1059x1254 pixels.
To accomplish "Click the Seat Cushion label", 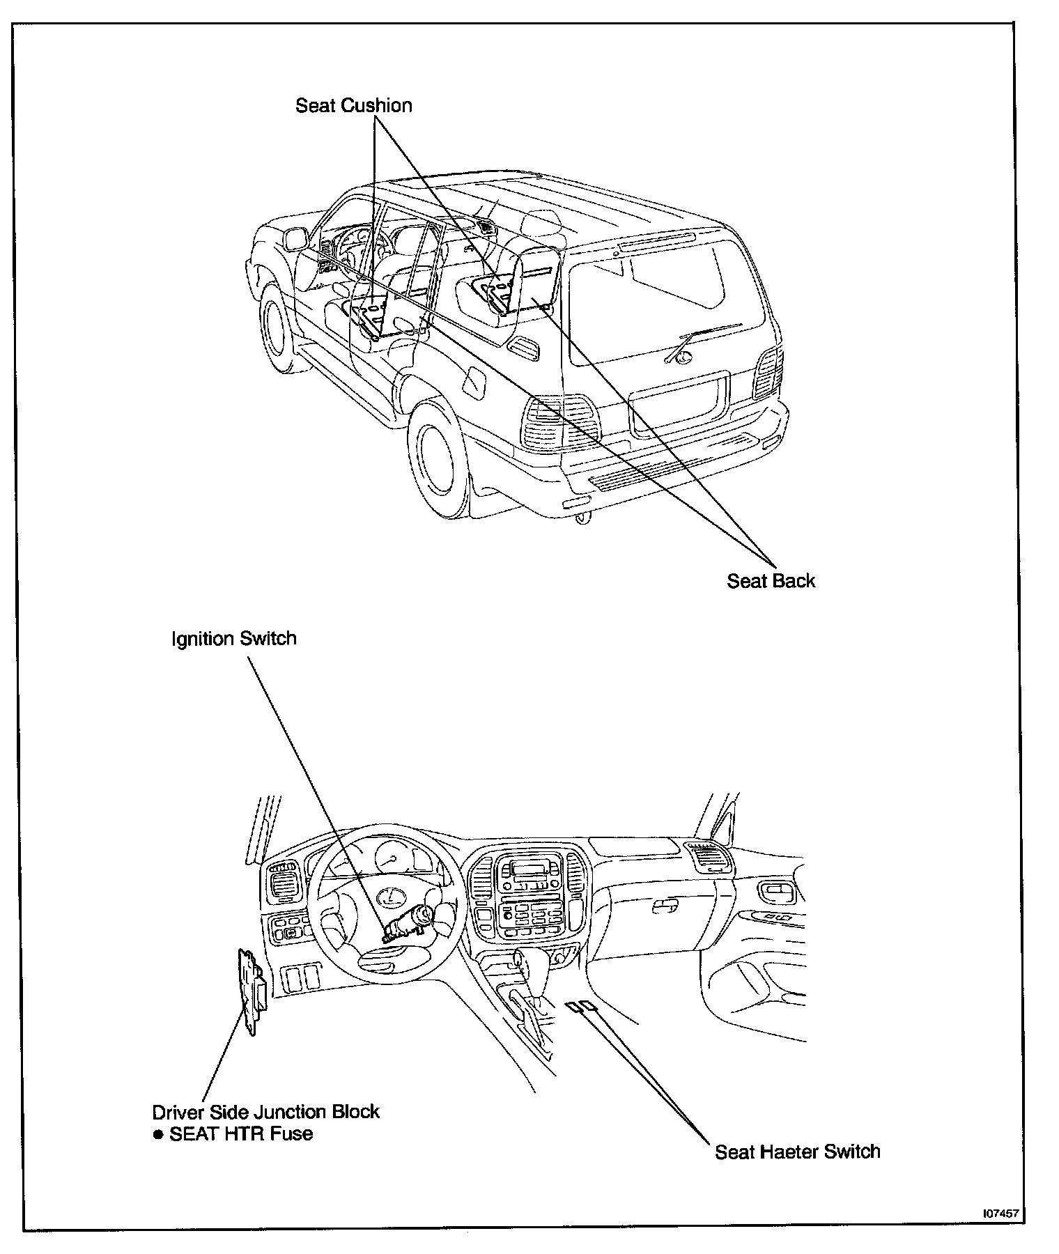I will (x=353, y=106).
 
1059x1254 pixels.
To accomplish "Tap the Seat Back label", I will (x=771, y=581).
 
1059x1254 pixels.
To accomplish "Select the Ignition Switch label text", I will (x=234, y=639).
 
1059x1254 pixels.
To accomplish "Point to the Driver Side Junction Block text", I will (x=266, y=1111).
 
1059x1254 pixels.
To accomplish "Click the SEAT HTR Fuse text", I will (x=241, y=1133).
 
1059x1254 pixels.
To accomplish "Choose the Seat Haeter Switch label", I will (x=797, y=1152).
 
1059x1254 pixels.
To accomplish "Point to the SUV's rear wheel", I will (x=440, y=458).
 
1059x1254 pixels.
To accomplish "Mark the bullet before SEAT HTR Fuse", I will (x=158, y=1134).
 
